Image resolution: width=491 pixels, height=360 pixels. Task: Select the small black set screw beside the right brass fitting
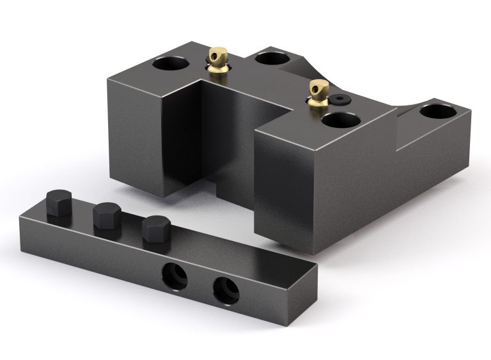[339, 99]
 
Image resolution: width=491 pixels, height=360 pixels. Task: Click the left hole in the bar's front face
[174, 275]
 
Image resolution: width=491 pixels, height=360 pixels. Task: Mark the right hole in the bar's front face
[226, 292]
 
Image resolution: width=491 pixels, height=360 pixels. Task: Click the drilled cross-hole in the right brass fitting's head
[321, 90]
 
